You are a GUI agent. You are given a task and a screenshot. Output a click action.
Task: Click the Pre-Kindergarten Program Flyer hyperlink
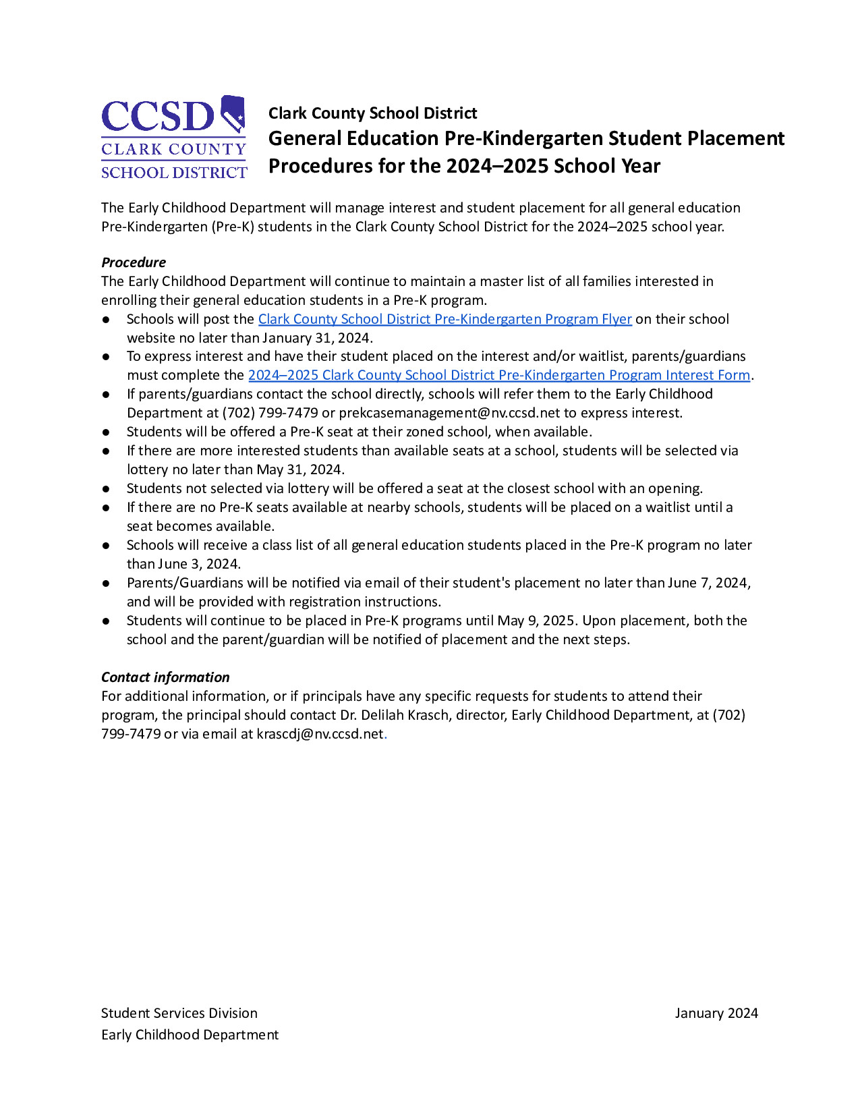pyautogui.click(x=445, y=319)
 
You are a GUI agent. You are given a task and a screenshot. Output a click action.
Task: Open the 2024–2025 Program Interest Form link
pyautogui.click(x=499, y=375)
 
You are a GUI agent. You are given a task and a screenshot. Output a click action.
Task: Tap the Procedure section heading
pyautogui.click(x=134, y=262)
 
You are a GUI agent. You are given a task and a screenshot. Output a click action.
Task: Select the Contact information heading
pyautogui.click(x=165, y=677)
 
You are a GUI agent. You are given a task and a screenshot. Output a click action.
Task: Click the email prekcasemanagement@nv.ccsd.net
pyautogui.click(x=449, y=413)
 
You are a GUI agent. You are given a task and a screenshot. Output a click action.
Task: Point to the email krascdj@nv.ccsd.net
pyautogui.click(x=320, y=734)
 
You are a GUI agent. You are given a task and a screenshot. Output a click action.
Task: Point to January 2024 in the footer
pyautogui.click(x=716, y=1013)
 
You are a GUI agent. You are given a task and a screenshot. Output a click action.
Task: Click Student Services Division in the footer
pyautogui.click(x=179, y=1013)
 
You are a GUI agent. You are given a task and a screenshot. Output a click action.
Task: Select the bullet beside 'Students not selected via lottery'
pyautogui.click(x=106, y=488)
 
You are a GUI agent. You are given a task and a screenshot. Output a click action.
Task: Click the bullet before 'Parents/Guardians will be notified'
pyautogui.click(x=106, y=583)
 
